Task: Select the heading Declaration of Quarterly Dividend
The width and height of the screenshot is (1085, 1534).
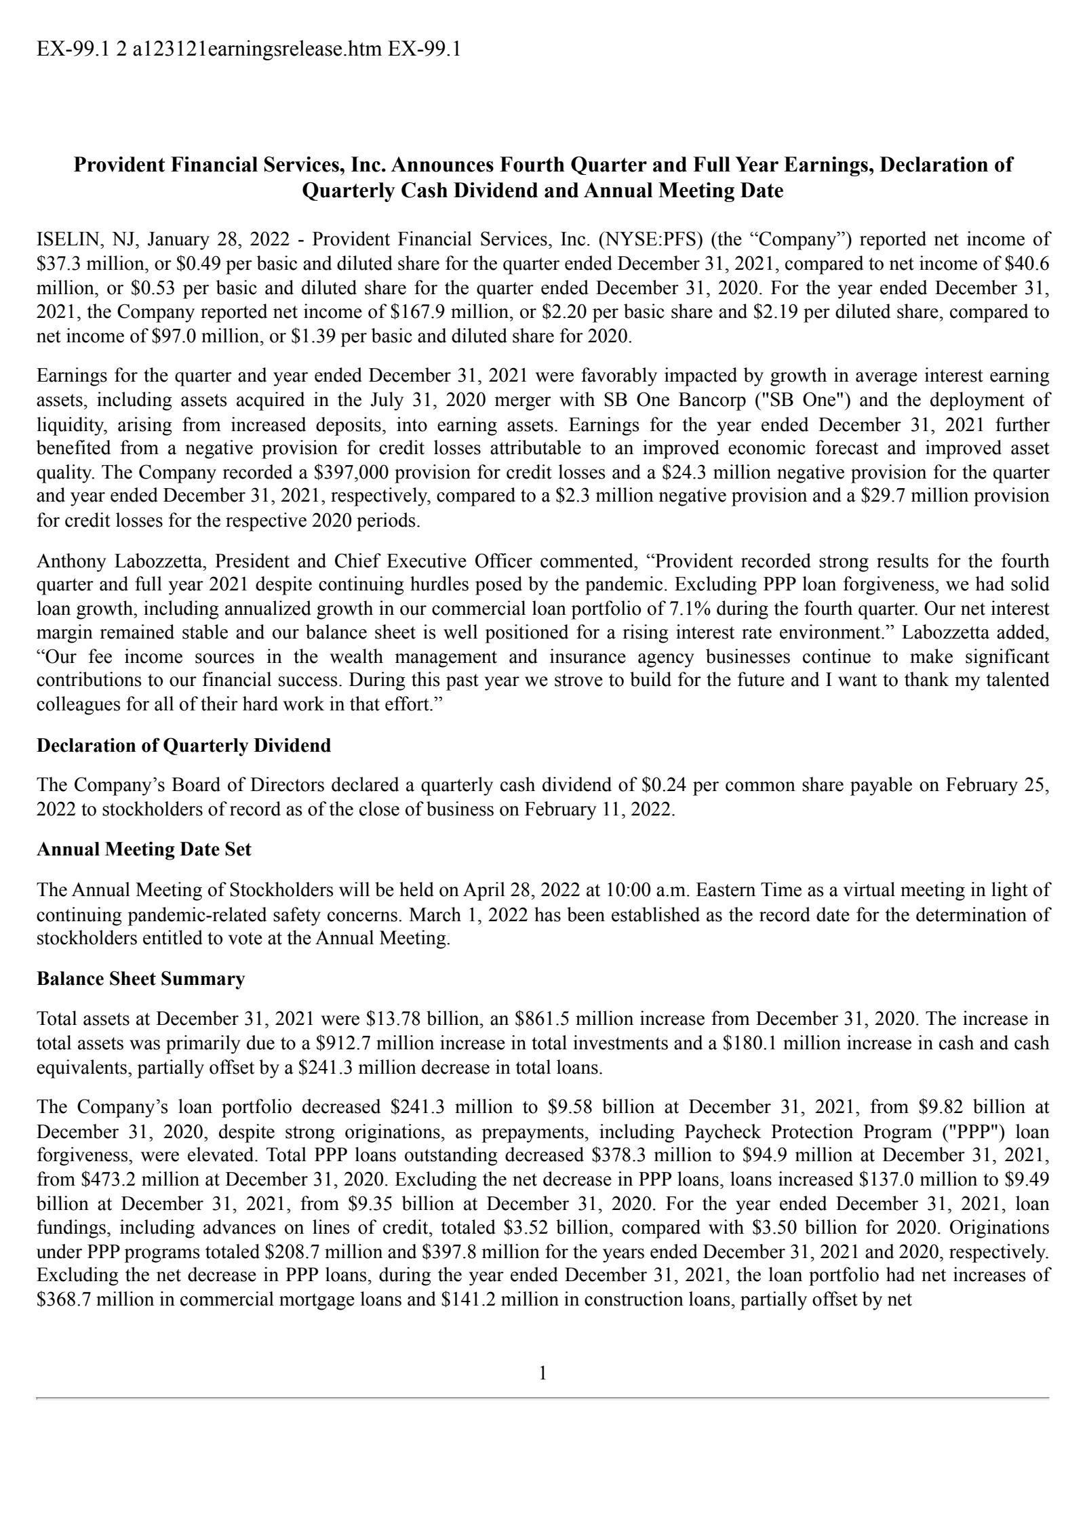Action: click(x=184, y=746)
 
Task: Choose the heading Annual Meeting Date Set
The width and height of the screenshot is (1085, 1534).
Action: click(x=144, y=850)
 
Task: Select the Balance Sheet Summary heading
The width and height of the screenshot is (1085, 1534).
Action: click(x=140, y=979)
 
